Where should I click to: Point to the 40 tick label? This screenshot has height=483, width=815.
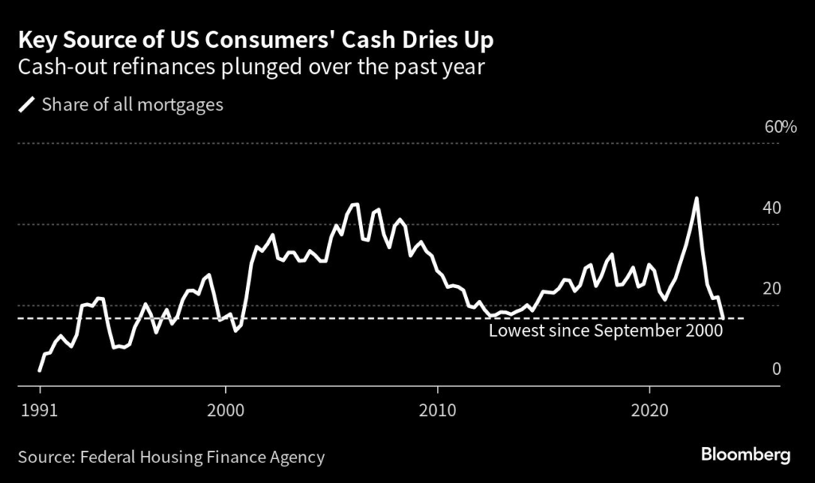(771, 208)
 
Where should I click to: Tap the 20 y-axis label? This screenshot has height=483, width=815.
(771, 288)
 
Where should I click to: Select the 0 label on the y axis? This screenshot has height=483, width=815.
(776, 368)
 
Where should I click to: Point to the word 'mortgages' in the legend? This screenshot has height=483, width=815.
(183, 104)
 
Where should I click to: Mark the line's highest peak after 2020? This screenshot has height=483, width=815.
(696, 198)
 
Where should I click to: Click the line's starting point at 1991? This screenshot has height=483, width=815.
(39, 370)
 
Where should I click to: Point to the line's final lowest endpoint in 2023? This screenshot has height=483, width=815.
(723, 317)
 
